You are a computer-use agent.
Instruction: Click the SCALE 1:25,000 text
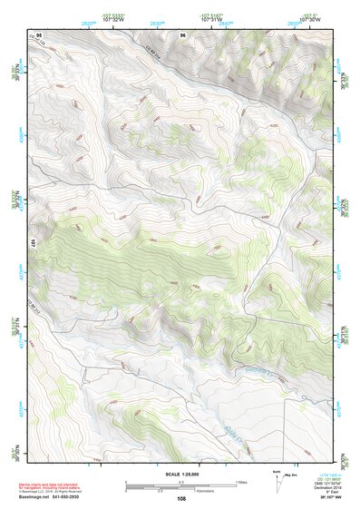182,474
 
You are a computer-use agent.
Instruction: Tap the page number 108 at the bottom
182,498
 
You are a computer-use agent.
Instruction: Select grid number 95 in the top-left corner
39,35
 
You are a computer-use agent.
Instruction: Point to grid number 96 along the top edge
183,35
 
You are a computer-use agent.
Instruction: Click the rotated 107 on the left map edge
34,244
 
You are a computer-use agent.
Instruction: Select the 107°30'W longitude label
308,21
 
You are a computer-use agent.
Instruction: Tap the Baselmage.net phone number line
57,497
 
